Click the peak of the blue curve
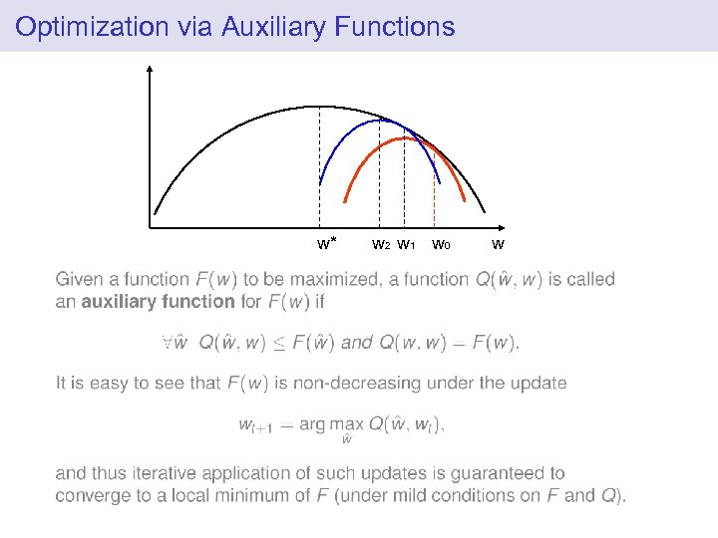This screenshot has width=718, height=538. (x=380, y=121)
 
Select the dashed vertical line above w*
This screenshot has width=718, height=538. (x=319, y=169)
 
